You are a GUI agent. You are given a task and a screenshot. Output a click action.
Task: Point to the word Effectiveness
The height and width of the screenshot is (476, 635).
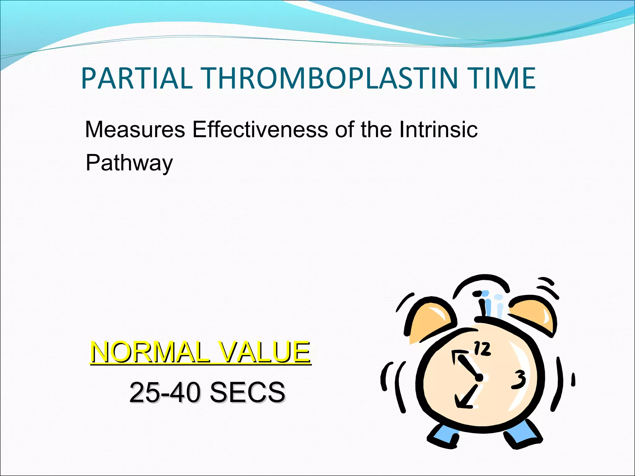(260, 130)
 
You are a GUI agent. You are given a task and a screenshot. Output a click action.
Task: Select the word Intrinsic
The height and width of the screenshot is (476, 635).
(438, 130)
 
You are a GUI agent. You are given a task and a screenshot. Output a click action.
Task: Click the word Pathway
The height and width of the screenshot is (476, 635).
(129, 163)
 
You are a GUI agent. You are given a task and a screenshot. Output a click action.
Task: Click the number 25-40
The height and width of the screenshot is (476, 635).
(165, 392)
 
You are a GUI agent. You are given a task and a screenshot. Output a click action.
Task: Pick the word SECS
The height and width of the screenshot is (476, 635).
(247, 392)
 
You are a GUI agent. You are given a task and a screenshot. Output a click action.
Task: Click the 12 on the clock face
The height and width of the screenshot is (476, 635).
(482, 349)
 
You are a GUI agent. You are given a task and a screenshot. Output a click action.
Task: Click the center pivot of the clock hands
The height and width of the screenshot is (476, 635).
(479, 378)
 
